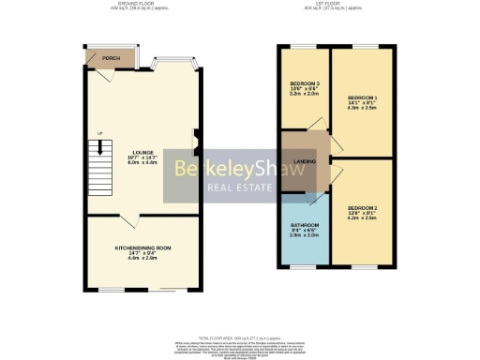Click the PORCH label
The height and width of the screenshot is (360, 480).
(x=110, y=58)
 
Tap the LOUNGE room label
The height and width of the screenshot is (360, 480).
(x=142, y=152)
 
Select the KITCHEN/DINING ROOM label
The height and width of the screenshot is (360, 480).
(x=142, y=247)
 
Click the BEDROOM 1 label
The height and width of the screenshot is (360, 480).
(x=363, y=98)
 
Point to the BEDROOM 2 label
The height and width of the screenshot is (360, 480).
(x=363, y=207)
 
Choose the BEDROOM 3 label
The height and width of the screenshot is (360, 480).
(x=306, y=85)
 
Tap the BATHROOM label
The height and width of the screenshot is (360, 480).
(x=305, y=225)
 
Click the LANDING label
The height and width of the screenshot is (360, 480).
(x=304, y=162)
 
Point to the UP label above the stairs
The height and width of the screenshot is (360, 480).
(x=98, y=134)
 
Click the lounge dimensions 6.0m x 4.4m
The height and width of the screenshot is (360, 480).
(x=142, y=163)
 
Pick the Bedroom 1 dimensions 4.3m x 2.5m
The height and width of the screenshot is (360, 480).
(x=363, y=110)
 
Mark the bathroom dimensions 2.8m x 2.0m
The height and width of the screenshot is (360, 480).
(x=305, y=235)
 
